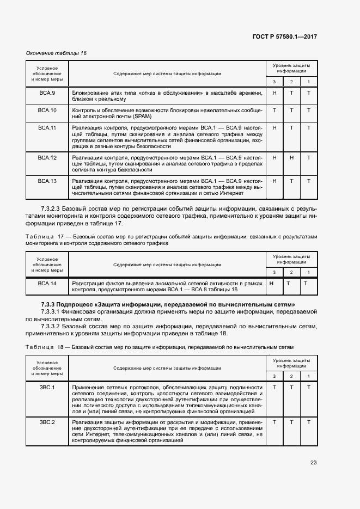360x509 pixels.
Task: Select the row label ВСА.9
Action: [x=47, y=93]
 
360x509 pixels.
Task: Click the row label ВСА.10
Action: [x=47, y=111]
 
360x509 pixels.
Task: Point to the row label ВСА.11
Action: [x=47, y=128]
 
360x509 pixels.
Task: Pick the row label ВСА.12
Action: [x=47, y=157]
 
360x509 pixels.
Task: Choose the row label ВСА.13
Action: [x=47, y=181]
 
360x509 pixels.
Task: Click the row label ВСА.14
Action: [x=47, y=284]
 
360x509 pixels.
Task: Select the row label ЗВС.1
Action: [x=47, y=387]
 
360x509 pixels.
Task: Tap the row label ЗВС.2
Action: [x=47, y=422]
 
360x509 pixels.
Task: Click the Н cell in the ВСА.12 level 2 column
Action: [x=291, y=157]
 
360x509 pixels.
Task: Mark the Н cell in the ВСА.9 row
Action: [x=274, y=93]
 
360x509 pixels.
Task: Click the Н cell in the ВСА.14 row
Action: [x=271, y=284]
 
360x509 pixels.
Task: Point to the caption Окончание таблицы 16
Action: [x=57, y=53]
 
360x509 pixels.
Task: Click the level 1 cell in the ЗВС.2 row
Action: [x=308, y=422]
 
